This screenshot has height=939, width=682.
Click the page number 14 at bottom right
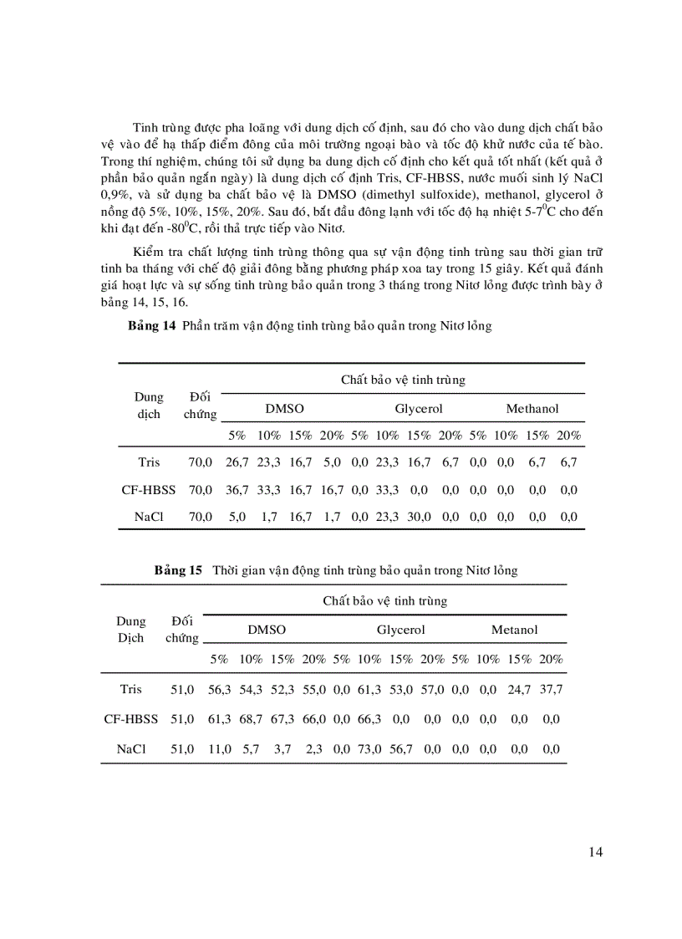595,852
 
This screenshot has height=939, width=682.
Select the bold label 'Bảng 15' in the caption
178,570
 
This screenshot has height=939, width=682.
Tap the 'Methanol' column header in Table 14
532,409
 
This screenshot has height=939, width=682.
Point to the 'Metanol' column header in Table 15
514,630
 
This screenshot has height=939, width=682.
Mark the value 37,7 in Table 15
550,689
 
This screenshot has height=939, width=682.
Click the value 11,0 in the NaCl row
219,749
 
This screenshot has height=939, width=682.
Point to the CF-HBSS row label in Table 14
149,489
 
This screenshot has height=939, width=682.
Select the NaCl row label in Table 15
130,749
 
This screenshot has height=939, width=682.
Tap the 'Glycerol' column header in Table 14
418,409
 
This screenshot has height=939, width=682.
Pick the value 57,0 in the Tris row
432,689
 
